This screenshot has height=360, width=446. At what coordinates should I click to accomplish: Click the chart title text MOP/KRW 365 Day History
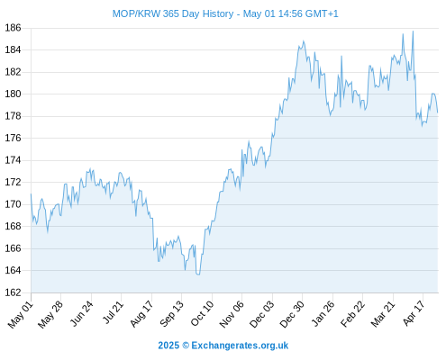point(173,13)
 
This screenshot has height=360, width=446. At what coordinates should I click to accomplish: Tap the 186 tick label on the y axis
point(13,28)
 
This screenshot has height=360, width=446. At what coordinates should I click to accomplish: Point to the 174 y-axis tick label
point(13,160)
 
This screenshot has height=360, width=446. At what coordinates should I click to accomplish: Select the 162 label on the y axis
point(13,292)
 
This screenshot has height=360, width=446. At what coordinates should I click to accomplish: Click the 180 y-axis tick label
point(13,94)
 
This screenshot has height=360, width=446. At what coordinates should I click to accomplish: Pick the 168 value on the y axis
point(13,226)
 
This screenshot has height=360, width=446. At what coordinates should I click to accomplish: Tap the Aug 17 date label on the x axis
point(141,313)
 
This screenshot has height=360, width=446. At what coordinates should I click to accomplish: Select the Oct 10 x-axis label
point(202,313)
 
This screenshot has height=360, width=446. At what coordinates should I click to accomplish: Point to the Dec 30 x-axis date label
point(292,314)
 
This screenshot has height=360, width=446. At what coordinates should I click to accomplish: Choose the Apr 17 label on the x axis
point(414,313)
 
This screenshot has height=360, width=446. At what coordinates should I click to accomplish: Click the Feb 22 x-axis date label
point(352,313)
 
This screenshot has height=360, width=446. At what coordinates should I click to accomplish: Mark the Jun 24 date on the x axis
point(82,313)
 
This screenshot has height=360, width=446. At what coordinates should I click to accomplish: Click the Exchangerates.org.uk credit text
point(240,346)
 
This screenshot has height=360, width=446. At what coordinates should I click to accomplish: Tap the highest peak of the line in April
point(413,31)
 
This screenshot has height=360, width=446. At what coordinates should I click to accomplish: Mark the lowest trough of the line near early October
point(198,274)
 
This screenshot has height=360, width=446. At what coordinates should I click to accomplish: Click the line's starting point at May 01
point(31,194)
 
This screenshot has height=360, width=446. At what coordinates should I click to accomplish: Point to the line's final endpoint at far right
point(438,112)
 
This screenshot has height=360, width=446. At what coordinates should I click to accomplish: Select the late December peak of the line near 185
point(304,40)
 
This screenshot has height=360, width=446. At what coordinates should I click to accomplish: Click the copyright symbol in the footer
point(186,346)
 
